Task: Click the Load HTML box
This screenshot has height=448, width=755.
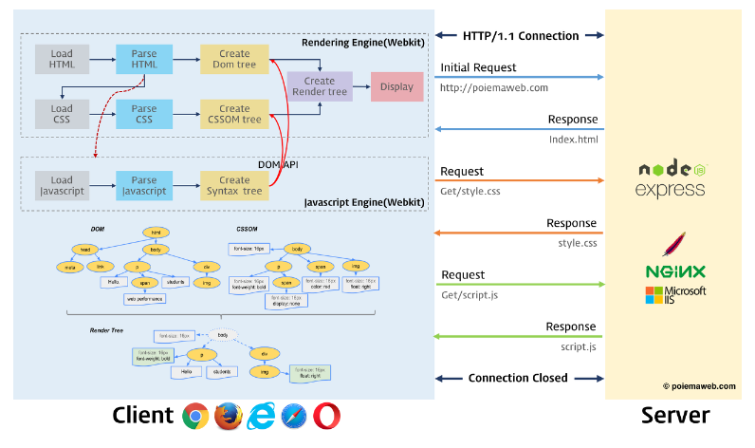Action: tap(62, 59)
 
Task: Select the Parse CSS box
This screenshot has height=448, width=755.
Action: tap(144, 115)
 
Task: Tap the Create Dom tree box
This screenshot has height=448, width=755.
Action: tap(234, 59)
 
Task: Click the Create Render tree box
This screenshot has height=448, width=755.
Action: tap(320, 86)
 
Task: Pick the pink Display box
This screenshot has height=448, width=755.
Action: tap(396, 86)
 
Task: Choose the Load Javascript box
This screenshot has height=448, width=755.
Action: tap(62, 186)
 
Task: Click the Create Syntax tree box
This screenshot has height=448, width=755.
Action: tap(234, 186)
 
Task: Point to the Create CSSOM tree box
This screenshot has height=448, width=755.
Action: tap(234, 115)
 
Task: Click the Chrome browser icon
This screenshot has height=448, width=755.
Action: tap(196, 416)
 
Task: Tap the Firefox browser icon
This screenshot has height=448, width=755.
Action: tap(228, 416)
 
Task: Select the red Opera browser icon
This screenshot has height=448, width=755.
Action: tap(325, 416)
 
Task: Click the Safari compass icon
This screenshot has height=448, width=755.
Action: tap(293, 416)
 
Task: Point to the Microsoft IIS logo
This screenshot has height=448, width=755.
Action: tap(674, 295)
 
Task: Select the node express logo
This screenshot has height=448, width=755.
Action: tap(672, 178)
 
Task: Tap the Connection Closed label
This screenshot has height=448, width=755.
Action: tap(518, 378)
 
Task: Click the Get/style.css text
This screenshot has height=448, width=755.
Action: tap(470, 191)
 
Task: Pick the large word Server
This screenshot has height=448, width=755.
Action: tap(673, 415)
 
